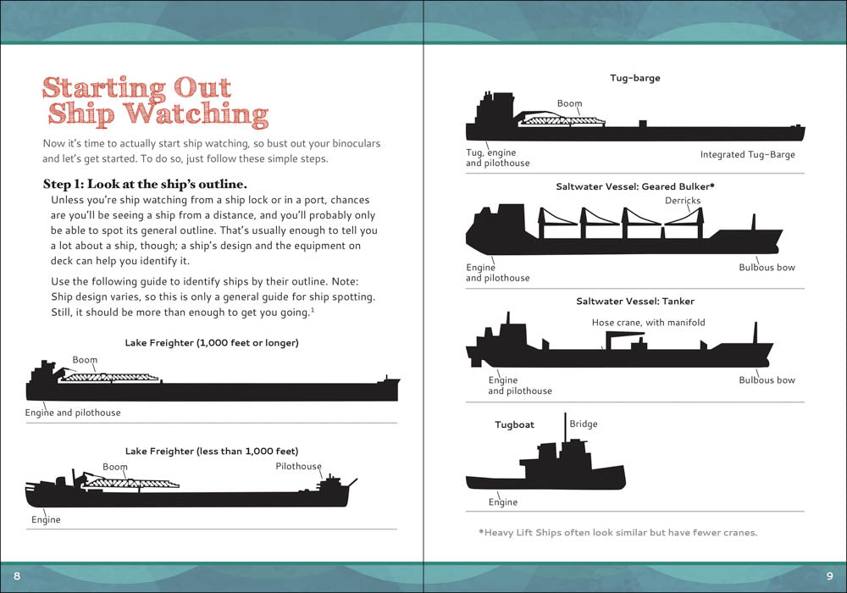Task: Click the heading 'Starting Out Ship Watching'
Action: (x=155, y=101)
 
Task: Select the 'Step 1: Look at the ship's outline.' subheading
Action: (x=144, y=184)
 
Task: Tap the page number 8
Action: (x=17, y=576)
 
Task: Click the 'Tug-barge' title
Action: (x=634, y=78)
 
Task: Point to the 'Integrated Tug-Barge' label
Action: (x=747, y=155)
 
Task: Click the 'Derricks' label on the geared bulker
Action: (x=684, y=201)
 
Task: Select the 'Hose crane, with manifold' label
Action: (x=648, y=323)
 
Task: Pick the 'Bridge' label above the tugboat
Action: (x=583, y=424)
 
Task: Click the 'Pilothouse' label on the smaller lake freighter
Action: (x=298, y=467)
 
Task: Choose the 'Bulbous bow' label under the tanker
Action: (x=767, y=380)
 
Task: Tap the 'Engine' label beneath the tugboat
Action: (x=502, y=502)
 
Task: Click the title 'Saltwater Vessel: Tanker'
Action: (x=634, y=301)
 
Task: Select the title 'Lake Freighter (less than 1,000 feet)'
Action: (x=212, y=451)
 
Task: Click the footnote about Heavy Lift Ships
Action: (x=617, y=533)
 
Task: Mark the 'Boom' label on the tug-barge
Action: (x=569, y=104)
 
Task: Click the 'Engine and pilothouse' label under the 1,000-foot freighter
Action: (x=73, y=413)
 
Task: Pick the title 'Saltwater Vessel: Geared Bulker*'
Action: (x=634, y=185)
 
